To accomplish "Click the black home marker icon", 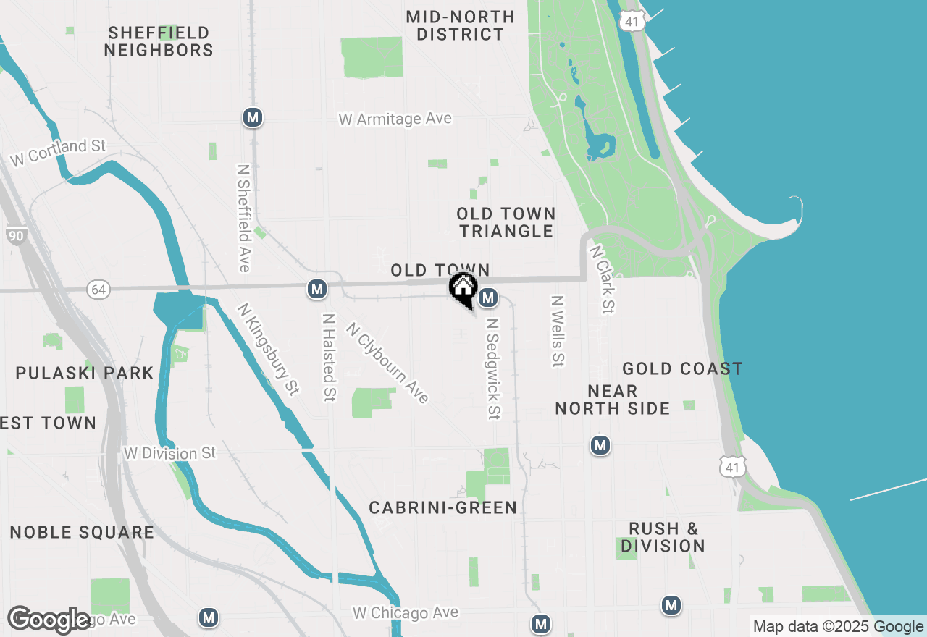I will point(463,288).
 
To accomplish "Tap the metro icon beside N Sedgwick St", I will point(488,297).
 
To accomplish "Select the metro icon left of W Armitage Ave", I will point(252,117).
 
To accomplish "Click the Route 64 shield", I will point(98,290).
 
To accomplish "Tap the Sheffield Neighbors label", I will point(159,41).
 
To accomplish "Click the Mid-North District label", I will point(460,25).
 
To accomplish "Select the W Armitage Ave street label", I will point(395,119).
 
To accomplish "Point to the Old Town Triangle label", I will point(506,222).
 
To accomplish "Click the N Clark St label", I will point(602,279).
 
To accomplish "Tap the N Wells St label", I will point(557,331).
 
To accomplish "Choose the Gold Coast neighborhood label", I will point(682,369).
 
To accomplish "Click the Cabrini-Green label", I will point(442,508).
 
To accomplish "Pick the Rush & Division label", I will point(663,537).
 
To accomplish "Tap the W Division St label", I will point(170,454).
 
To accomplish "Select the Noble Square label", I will point(82,533).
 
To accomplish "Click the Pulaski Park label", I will point(85,374).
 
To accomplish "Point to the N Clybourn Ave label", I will point(387,362).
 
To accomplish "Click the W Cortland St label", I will point(58,153).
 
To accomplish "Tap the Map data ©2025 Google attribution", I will point(838,627).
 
